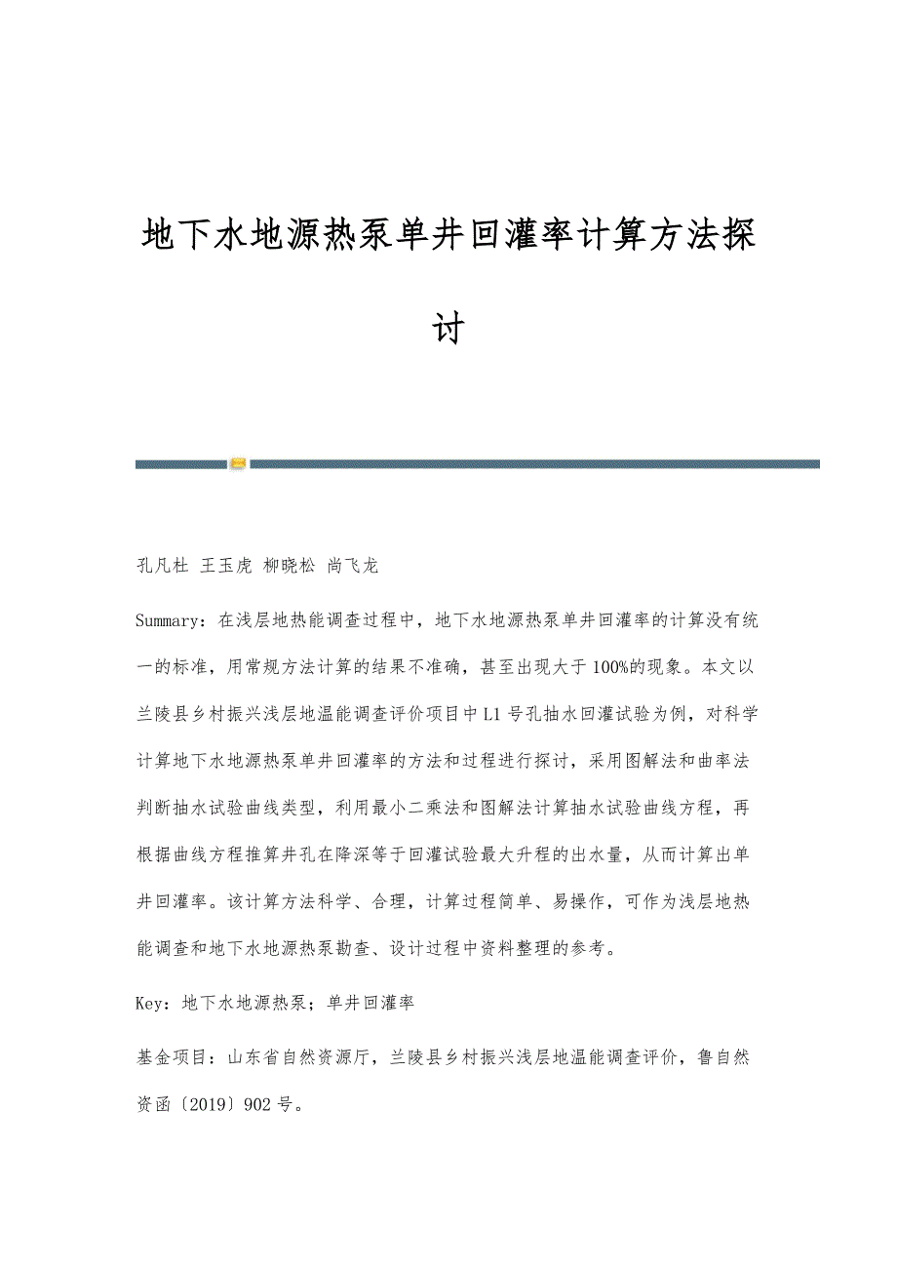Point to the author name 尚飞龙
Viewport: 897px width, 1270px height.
[353, 566]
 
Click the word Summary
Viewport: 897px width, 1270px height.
[170, 618]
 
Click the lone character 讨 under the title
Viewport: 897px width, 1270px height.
[448, 327]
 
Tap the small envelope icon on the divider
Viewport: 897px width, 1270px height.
[239, 464]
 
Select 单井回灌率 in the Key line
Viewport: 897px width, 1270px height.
[371, 1002]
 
